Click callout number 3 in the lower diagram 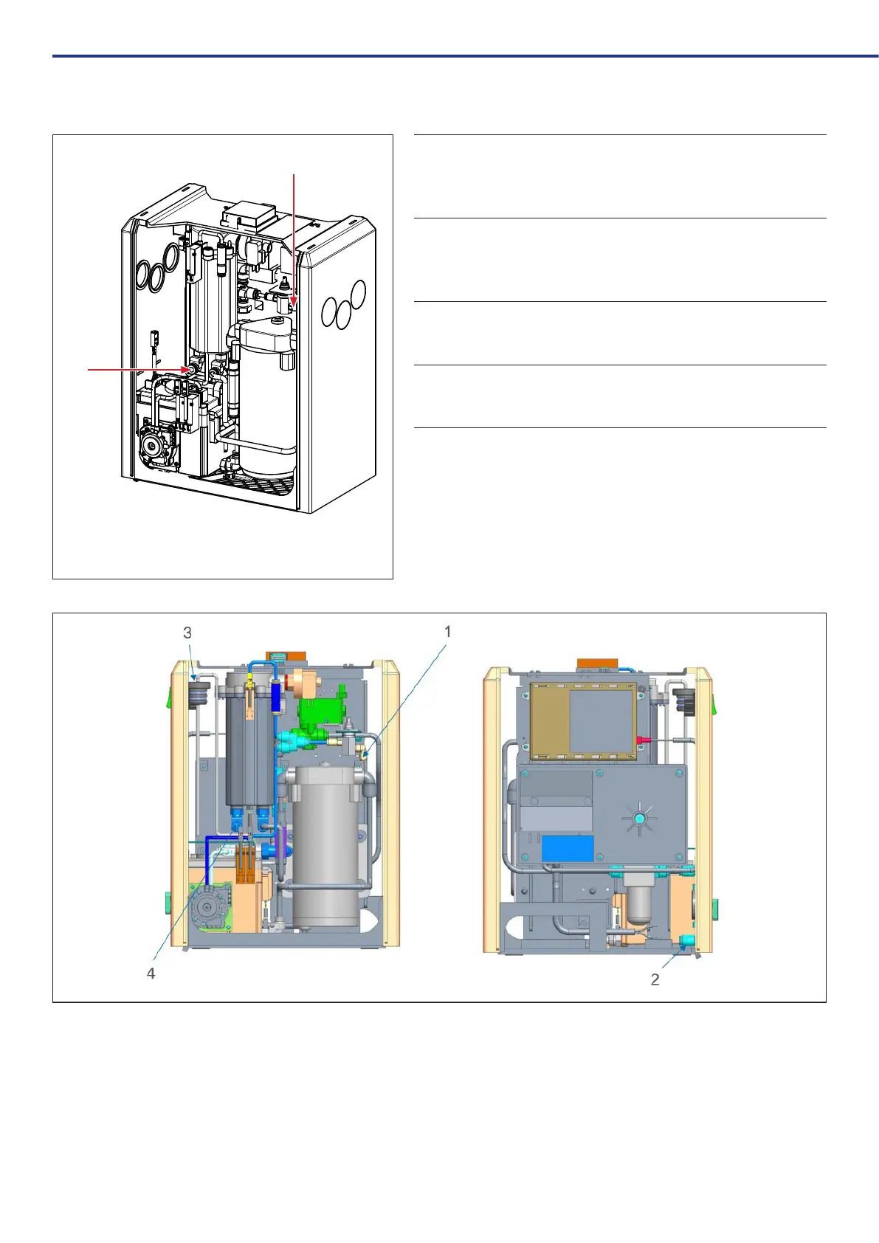187,633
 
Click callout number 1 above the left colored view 447,631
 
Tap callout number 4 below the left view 151,974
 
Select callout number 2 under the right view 655,979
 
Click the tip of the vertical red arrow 294,305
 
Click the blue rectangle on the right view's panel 568,849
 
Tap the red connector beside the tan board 641,738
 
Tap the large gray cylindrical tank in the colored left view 328,849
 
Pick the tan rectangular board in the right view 583,720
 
